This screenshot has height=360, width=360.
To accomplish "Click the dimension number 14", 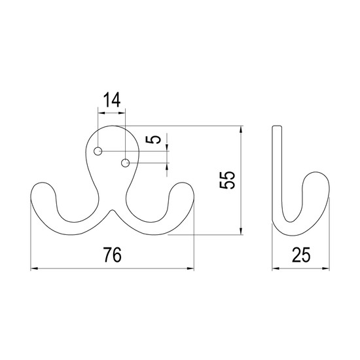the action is pyautogui.click(x=112, y=100).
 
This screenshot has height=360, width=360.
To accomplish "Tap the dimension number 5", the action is pyautogui.click(x=153, y=139).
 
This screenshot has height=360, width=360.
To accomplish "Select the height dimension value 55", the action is pyautogui.click(x=227, y=180).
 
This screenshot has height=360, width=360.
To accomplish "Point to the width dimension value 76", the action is pyautogui.click(x=113, y=255).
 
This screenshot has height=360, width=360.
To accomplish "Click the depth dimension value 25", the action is pyautogui.click(x=301, y=255).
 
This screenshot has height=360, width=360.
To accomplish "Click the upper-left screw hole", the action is pyautogui.click(x=98, y=151).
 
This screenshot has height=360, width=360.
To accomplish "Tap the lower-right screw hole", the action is pyautogui.click(x=125, y=163).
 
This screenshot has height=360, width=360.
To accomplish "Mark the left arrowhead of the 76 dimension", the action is pyautogui.click(x=34, y=268).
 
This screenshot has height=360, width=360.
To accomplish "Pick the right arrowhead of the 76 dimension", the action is pyautogui.click(x=190, y=268).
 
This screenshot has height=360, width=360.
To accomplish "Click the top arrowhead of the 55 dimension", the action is pyautogui.click(x=241, y=129).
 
